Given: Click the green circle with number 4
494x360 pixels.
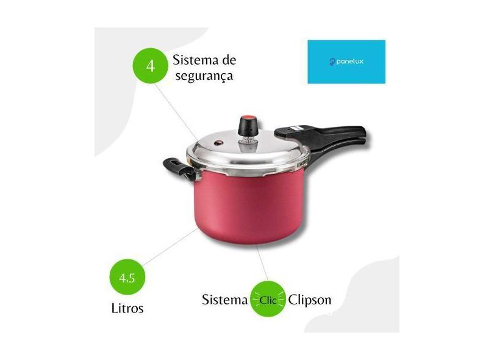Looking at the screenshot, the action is tap(150, 66).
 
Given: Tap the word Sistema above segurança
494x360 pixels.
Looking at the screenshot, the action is tap(195, 60).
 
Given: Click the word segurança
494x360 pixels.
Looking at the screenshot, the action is tap(204, 77).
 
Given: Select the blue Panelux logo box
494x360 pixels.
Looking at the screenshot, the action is tap(346, 62).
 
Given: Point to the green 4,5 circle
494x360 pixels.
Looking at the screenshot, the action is tap(127, 277).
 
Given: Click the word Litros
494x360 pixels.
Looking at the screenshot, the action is tap(127, 308).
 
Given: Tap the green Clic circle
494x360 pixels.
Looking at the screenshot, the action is tap(268, 299).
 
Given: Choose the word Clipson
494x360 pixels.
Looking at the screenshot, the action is tap(310, 300).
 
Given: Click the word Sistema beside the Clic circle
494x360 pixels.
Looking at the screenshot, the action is tap(224, 300).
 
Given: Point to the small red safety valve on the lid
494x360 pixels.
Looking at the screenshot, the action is tap(218, 143).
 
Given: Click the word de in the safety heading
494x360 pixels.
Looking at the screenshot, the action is tap(229, 60).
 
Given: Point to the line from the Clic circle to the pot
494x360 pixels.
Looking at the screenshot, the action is tap(262, 263).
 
